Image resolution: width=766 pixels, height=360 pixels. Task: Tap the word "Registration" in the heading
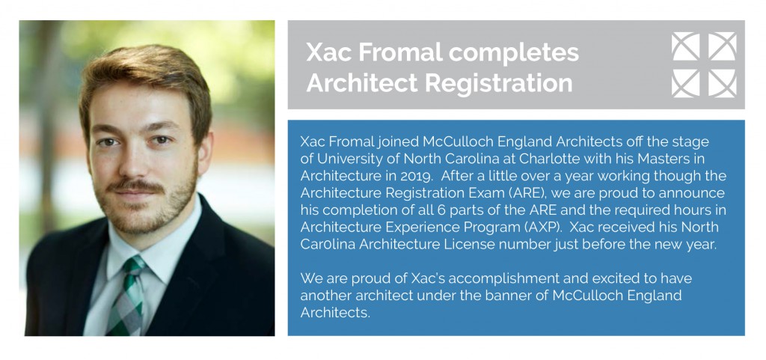pyautogui.click(x=498, y=83)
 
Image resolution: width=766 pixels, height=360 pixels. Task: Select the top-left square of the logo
pyautogui.click(x=685, y=46)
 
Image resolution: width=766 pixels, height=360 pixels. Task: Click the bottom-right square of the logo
pyautogui.click(x=723, y=84)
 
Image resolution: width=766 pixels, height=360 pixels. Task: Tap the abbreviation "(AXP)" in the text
pyautogui.click(x=542, y=227)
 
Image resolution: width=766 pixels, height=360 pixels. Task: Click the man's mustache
pyautogui.click(x=136, y=186)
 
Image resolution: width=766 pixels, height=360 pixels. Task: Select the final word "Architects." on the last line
pyautogui.click(x=335, y=313)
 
